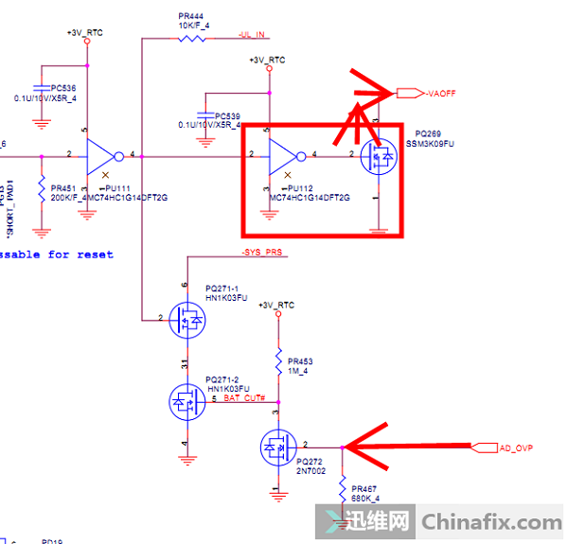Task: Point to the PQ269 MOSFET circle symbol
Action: [x=381, y=156]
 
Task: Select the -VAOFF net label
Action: [x=442, y=94]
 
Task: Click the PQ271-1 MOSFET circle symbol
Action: [x=188, y=323]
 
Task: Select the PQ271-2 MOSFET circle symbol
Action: [x=188, y=403]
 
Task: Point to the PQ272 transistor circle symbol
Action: [x=278, y=447]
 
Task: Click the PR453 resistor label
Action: [x=300, y=361]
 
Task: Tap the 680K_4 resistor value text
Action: [x=364, y=498]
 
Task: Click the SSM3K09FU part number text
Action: [x=431, y=144]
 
